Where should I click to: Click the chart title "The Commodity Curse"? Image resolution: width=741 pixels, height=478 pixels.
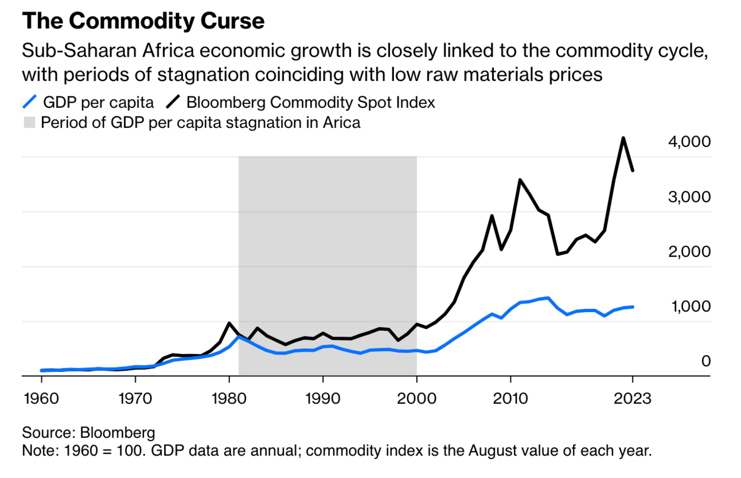[143, 21]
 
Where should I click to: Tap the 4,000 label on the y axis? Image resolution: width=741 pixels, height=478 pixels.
[689, 142]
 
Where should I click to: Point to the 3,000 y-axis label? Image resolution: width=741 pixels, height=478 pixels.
[689, 197]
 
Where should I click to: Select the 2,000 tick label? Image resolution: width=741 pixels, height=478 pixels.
[689, 251]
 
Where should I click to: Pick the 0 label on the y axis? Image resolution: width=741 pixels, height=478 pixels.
[706, 361]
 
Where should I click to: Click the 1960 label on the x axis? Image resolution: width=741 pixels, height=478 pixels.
[41, 398]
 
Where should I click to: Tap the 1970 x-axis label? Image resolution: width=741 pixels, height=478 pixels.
[135, 398]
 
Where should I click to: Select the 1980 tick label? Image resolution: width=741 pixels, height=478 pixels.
[229, 398]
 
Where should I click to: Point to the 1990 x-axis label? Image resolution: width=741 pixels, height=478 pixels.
[323, 398]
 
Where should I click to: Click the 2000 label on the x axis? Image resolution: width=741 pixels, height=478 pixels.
[416, 398]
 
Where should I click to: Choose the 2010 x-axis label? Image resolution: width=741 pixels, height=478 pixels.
[510, 398]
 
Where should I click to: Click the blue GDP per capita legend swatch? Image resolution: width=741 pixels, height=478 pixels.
[30, 103]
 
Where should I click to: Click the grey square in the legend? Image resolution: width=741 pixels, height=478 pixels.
[29, 123]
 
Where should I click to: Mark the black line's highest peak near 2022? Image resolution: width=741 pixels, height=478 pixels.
[623, 138]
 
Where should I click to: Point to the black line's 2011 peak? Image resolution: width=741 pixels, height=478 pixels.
[520, 180]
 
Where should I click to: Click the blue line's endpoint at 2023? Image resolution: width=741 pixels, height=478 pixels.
[633, 307]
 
